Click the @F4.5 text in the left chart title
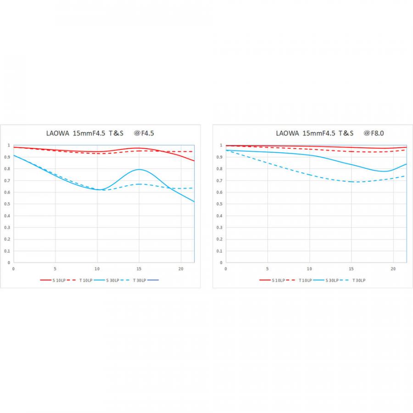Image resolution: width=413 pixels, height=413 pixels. coord(143,134)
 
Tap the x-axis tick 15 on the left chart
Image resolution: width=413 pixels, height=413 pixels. coord(139,268)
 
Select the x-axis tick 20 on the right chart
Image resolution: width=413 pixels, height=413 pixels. coord(393,268)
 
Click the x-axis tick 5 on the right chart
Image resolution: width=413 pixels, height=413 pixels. coord(268,268)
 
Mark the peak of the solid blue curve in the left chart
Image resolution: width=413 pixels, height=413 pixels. coord(139,169)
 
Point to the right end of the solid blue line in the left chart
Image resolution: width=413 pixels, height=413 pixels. coord(194,201)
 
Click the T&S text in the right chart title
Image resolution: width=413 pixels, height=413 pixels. coord(346,134)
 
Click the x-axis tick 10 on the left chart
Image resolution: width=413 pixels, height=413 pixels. coord(97,268)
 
